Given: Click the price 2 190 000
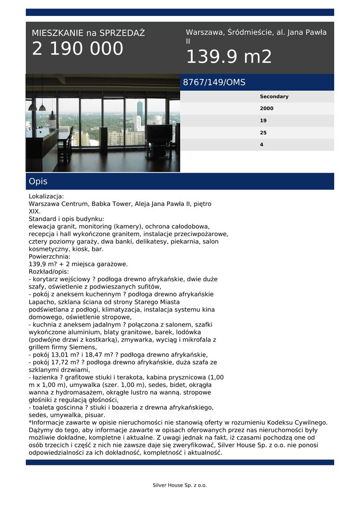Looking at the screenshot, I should coord(77,49).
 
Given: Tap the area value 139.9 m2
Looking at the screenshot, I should coord(229,57).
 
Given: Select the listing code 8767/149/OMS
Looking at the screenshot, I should coord(214,82).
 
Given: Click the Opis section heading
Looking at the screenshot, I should coord(38,182).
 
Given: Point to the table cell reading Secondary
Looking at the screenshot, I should coord(274,97).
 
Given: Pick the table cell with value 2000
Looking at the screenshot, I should coord(267,109).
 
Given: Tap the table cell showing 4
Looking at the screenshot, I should coord(262,145).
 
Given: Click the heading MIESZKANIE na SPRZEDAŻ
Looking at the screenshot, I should coord(88,33).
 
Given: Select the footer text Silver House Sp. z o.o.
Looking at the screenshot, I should coord(179,485).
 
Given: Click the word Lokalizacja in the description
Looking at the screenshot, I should coord(46,196).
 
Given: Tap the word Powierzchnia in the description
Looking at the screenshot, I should coord(49,256).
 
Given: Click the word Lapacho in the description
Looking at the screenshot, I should coord(42,302).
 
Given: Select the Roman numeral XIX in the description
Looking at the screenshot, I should coord(34,211).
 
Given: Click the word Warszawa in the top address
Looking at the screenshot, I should coord(205,32).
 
